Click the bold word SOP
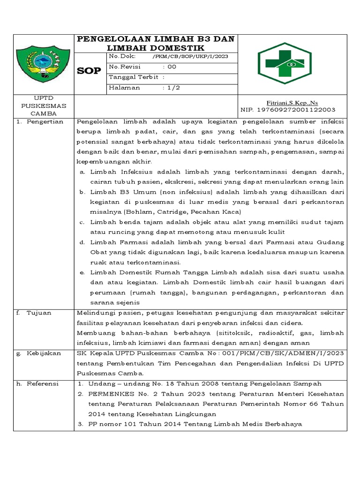coord(89,71)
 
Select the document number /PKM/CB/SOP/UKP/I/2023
coord(190,56)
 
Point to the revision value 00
coord(172,67)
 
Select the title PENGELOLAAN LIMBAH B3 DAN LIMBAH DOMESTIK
coord(156,43)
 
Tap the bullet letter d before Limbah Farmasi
coord(81,242)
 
